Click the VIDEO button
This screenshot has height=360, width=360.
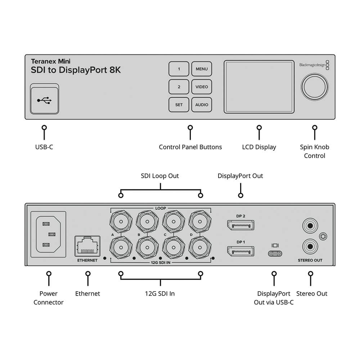[x=202, y=87]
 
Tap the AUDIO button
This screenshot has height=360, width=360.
[x=202, y=105]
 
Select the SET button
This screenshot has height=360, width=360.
[x=179, y=105]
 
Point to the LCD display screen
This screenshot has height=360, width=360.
[x=258, y=86]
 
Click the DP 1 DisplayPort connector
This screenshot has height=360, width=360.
[x=240, y=251]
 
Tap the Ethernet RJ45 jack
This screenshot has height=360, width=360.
[x=87, y=247]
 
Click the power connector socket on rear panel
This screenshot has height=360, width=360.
[x=49, y=234]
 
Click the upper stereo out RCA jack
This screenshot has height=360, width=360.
[x=310, y=226]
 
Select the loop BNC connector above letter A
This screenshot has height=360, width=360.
[x=120, y=221]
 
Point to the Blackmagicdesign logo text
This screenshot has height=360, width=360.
[x=312, y=65]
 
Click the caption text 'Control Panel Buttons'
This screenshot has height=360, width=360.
[x=190, y=147]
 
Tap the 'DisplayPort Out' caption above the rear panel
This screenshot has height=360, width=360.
[x=240, y=176]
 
